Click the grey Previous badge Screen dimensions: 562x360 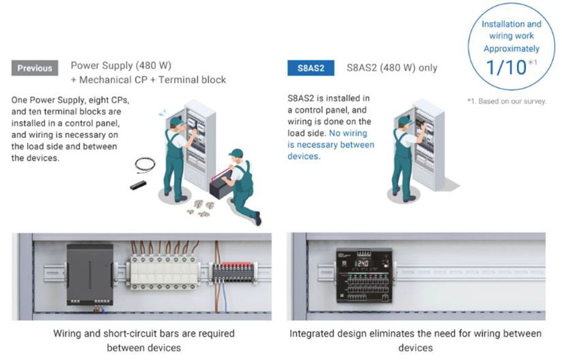(35, 67)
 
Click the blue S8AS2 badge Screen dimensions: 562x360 (311, 67)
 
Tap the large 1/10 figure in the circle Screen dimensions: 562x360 (506, 67)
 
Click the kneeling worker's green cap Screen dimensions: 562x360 (236, 153)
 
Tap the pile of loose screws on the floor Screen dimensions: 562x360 (200, 208)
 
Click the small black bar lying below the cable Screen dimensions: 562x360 (138, 186)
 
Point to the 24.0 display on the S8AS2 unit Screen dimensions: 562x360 (362, 264)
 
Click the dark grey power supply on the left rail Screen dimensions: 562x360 (89, 274)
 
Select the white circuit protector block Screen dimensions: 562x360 (164, 272)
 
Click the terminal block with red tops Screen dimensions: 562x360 (233, 272)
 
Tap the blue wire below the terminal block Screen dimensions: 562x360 (224, 297)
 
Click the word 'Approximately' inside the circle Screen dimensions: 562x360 (511, 49)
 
